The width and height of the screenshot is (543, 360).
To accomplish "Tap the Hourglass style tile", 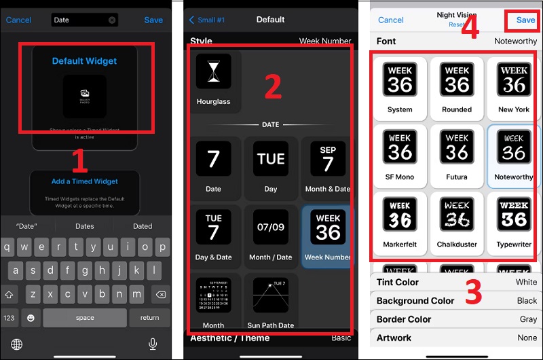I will click(x=214, y=81).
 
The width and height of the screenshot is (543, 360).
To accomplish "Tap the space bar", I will click(x=85, y=318).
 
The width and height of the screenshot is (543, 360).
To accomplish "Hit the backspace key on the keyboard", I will click(x=160, y=295).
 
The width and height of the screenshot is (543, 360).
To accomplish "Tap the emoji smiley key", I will click(x=31, y=318).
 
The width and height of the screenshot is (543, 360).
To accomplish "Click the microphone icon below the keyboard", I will click(x=153, y=344).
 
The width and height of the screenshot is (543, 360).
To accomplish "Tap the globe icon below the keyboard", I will click(x=16, y=344).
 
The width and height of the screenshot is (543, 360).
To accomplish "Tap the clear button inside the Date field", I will click(x=112, y=20).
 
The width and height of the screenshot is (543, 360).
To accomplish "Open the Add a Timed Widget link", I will click(x=85, y=181).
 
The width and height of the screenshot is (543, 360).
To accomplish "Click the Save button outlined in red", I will click(x=525, y=20).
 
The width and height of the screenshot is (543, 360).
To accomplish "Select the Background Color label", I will click(x=415, y=301).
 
